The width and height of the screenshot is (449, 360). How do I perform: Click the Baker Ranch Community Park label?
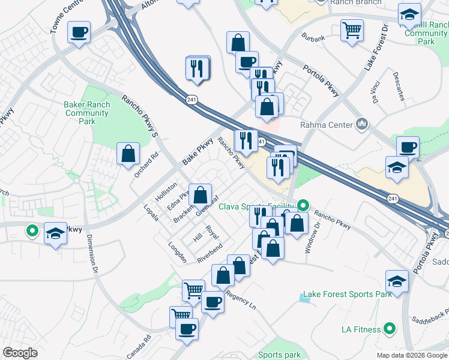pos(87,113)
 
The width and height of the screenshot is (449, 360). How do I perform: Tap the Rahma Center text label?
pos(324,125)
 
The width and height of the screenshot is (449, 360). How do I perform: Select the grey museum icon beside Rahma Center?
pos(362,124)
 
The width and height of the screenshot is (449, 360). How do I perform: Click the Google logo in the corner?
pos(20,353)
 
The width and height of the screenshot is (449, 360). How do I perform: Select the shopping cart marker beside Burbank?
pos(352,30)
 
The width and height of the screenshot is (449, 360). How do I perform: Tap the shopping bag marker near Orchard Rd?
pos(128,154)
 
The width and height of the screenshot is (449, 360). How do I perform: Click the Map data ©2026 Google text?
pos(411,355)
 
